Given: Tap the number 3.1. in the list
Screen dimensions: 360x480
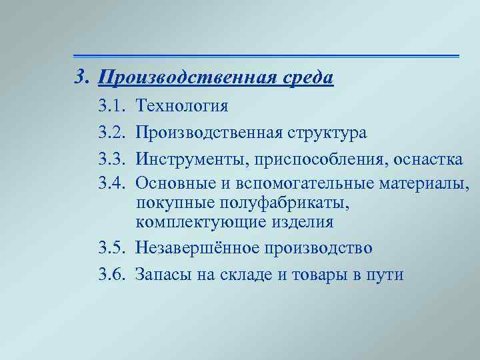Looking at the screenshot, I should coord(111,106).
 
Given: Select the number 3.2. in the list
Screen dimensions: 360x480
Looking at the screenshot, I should coord(111,133).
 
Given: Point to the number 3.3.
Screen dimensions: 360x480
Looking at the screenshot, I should coord(111,159).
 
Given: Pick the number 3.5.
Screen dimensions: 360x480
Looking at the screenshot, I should coord(111,248).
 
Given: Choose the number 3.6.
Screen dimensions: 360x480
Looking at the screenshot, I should coord(111,274).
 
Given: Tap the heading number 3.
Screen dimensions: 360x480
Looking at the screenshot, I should coord(81,77).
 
